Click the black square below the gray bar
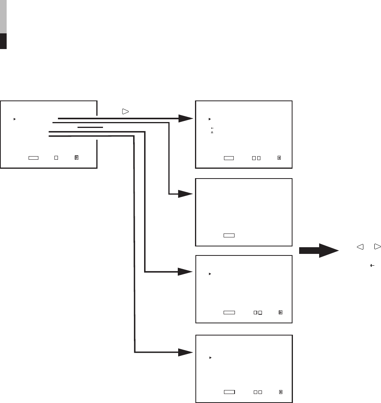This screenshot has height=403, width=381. (4, 41)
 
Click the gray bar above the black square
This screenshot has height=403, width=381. (4, 16)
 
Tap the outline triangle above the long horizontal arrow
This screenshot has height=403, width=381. (125, 111)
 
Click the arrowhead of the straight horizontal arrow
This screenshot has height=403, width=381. (185, 118)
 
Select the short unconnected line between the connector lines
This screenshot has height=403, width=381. (90, 127)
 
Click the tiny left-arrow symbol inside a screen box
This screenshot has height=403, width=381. (212, 128)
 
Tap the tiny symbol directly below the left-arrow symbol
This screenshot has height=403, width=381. (212, 133)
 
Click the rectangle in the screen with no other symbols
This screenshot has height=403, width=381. (229, 235)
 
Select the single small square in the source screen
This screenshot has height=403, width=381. (56, 157)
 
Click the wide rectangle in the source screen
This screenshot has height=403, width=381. (33, 157)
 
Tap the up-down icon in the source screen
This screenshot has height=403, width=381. (77, 157)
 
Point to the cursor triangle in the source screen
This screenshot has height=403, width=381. (14, 118)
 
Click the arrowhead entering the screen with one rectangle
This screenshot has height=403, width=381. (185, 194)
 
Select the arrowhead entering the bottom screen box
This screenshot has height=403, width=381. (185, 352)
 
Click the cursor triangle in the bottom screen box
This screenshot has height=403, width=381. (210, 357)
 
